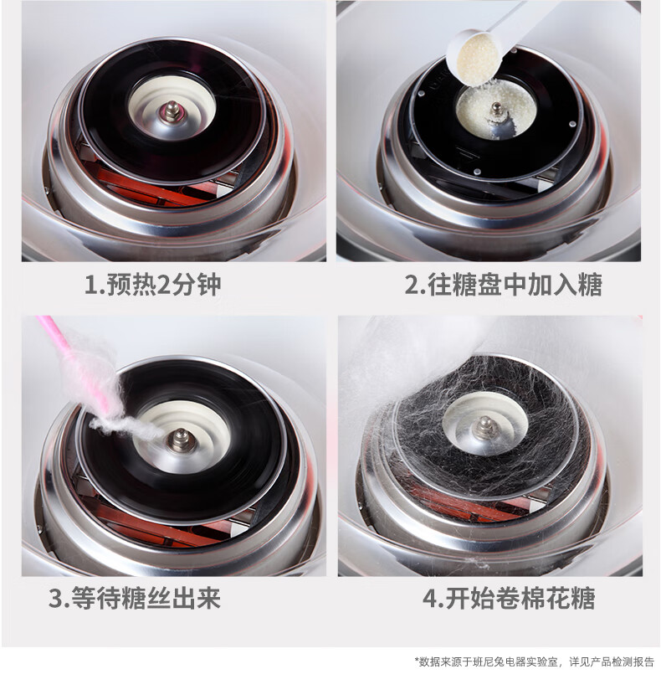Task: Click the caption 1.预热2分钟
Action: click(x=152, y=285)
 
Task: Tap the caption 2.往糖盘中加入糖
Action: click(x=503, y=285)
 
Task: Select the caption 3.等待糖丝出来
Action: click(x=134, y=598)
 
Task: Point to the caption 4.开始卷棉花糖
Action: click(x=509, y=598)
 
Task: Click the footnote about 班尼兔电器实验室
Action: click(x=535, y=661)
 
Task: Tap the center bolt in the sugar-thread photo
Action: click(x=180, y=440)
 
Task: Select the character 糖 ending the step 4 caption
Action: click(x=583, y=598)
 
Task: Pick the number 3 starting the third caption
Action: click(x=55, y=599)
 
